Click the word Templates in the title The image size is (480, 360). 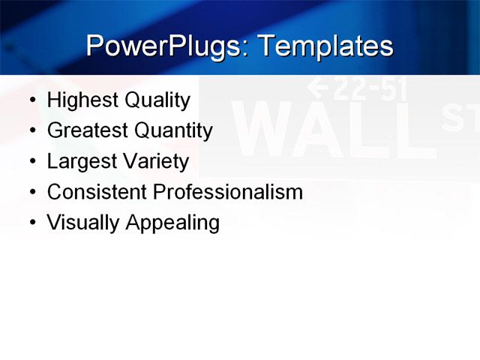click(x=325, y=46)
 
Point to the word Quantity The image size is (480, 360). click(x=174, y=131)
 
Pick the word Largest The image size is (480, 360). click(x=78, y=162)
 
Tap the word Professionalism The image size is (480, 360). click(x=227, y=192)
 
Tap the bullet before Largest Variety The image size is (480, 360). click(x=31, y=162)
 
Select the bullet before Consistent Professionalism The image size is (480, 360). click(x=31, y=193)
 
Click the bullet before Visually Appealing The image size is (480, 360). click(x=31, y=223)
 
